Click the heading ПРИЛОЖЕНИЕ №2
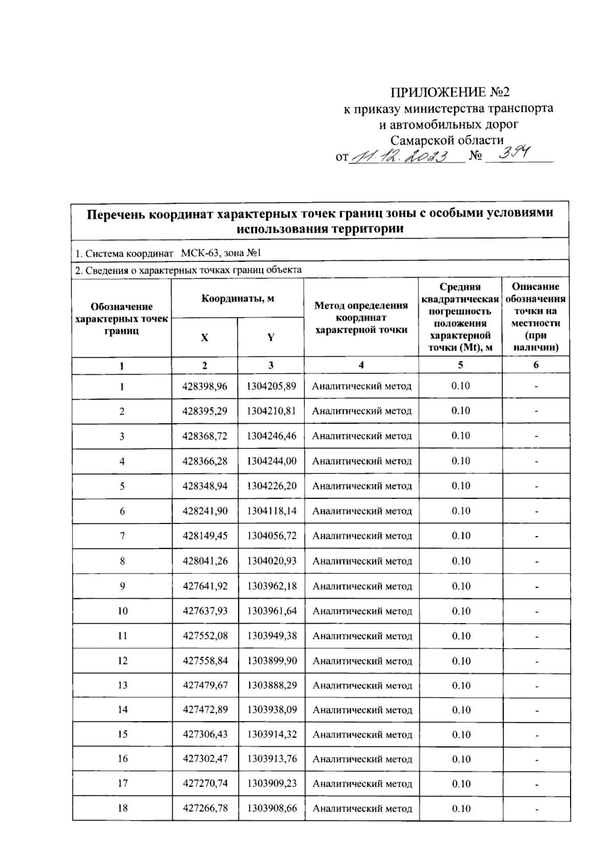pos(450,93)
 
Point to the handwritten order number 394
pos(514,153)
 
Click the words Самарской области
pos(447,140)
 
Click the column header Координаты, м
pos(238,299)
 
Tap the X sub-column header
pos(204,338)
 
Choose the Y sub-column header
pos(271,338)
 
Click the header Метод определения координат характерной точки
pos(361,317)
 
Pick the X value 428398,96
pos(205,386)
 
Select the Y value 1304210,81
pos(271,411)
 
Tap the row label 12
pos(123,661)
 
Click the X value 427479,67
pos(205,686)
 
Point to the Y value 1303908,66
pos(272,808)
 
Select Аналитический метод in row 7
pos(362,536)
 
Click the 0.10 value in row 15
pos(461,735)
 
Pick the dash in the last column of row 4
pos(536,462)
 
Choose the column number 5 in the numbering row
pos(460,365)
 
